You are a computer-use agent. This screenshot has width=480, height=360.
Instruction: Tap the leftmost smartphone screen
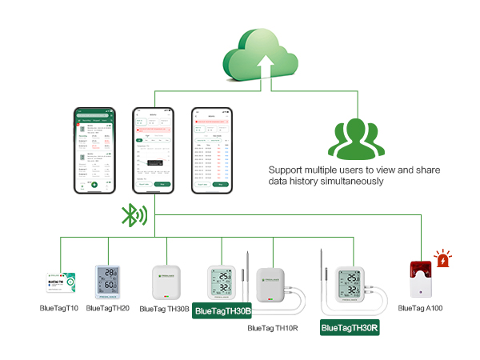coord(93,149)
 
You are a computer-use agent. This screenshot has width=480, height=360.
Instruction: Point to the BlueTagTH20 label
coord(107,308)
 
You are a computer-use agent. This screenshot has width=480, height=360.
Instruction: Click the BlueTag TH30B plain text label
coord(164,308)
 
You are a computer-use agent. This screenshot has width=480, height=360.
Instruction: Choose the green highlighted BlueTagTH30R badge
coord(350,327)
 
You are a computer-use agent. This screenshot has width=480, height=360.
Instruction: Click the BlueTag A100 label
coord(420,308)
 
